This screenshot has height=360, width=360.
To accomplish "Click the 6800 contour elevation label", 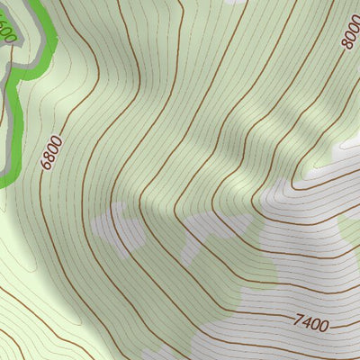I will (51, 153).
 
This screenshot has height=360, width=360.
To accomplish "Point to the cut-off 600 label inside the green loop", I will (7, 32).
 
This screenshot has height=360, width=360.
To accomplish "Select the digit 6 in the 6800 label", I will (47, 166).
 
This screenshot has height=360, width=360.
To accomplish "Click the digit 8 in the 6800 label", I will (49, 157).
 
